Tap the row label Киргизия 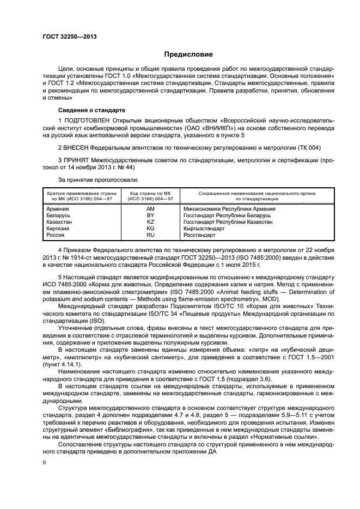[x=58, y=229]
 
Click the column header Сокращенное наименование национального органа [x=249, y=193]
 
